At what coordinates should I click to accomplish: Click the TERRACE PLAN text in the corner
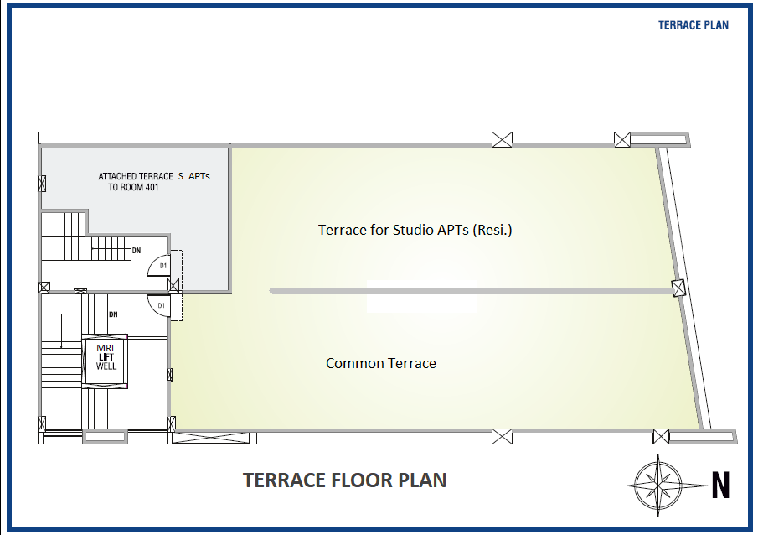(x=694, y=25)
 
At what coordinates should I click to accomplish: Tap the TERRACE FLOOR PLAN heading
(x=345, y=480)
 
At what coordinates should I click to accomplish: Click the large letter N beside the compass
(x=720, y=486)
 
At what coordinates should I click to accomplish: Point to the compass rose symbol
(x=658, y=485)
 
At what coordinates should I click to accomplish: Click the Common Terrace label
(x=381, y=363)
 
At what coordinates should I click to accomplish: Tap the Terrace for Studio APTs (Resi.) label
(x=415, y=230)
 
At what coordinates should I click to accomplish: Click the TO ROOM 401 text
(x=133, y=187)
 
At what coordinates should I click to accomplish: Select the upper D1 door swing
(x=159, y=266)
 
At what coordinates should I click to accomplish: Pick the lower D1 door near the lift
(x=159, y=305)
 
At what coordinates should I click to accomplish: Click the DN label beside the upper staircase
(x=137, y=251)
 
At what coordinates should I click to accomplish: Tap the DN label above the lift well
(x=113, y=314)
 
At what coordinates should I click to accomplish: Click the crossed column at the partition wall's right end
(x=678, y=288)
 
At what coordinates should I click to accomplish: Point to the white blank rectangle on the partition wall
(x=422, y=296)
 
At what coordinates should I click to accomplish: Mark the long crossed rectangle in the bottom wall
(x=211, y=438)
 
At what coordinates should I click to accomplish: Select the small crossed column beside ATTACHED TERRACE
(x=42, y=184)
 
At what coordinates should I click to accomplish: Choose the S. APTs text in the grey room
(x=193, y=176)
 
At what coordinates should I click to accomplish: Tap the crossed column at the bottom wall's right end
(x=661, y=436)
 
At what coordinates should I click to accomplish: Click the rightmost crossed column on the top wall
(x=622, y=140)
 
